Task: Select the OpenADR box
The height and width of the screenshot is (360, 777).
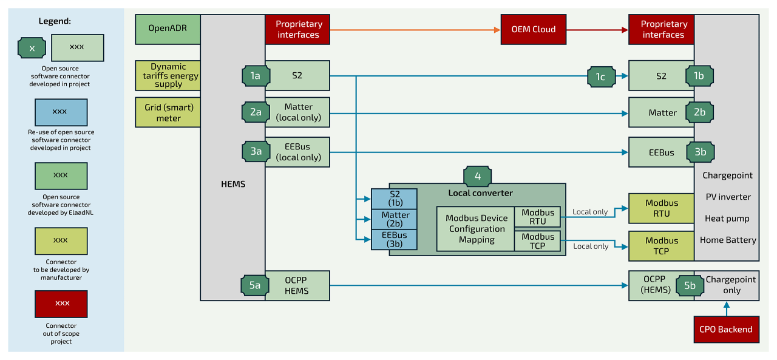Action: pyautogui.click(x=167, y=29)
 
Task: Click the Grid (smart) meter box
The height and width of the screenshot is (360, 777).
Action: pyautogui.click(x=167, y=112)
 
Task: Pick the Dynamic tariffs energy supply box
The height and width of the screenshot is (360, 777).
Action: pyautogui.click(x=167, y=76)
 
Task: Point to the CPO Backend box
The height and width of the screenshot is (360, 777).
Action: pyautogui.click(x=726, y=329)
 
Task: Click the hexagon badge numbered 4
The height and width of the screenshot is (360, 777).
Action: pyautogui.click(x=478, y=176)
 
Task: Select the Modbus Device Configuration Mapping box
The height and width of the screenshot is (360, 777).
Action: pyautogui.click(x=476, y=229)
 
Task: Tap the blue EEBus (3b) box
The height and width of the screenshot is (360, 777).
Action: pyautogui.click(x=395, y=240)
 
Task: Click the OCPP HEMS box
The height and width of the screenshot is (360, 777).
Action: pyautogui.click(x=297, y=285)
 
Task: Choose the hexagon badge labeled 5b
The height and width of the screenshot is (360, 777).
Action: pyautogui.click(x=690, y=285)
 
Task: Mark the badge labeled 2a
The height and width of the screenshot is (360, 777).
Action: pyautogui.click(x=255, y=112)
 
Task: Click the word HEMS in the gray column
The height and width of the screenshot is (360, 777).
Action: pyautogui.click(x=233, y=183)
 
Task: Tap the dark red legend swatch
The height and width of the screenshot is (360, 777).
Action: pyautogui.click(x=60, y=304)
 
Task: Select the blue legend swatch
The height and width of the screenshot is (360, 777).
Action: pyautogui.click(x=60, y=112)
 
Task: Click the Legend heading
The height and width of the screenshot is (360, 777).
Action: pyautogui.click(x=55, y=21)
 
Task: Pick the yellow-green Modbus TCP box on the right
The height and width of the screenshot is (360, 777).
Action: pyautogui.click(x=661, y=246)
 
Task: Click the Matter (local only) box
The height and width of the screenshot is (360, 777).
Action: pyautogui.click(x=297, y=112)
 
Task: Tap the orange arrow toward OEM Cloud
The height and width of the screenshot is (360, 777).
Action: pyautogui.click(x=413, y=29)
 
